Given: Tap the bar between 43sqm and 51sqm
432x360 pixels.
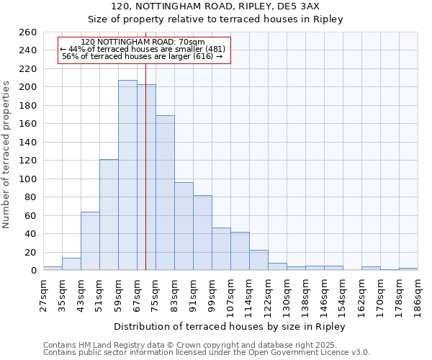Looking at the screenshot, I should tap(90, 241).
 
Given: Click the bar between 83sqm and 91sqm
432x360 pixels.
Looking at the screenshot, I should tap(184, 226).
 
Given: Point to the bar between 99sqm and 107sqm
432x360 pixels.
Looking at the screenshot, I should tap(221, 249).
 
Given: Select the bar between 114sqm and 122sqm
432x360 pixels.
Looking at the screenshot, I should tap(258, 260).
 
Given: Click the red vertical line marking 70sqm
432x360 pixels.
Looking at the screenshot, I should tap(146, 180).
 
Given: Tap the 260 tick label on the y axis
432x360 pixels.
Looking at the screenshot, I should tap(28, 32).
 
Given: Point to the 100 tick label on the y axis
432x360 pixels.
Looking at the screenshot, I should tap(28, 179).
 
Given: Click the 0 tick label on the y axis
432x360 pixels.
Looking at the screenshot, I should tap(34, 271).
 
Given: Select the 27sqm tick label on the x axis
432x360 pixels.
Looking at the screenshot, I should tap(44, 292).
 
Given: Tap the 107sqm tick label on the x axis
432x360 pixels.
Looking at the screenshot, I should tap(231, 294).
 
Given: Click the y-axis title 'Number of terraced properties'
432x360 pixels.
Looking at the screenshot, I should tap(6, 154).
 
